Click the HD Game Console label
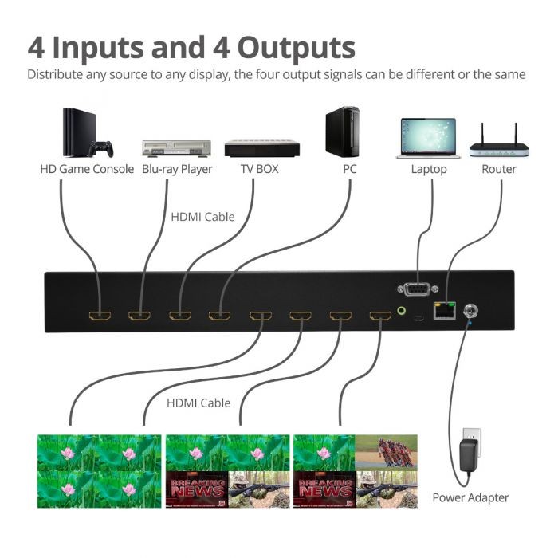[x=87, y=169]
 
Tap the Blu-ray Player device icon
[x=176, y=148]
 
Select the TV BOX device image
[x=261, y=148]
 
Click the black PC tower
[x=342, y=132]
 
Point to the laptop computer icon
[x=429, y=138]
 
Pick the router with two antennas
[x=498, y=142]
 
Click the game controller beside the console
[x=101, y=149]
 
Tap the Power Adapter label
[x=470, y=497]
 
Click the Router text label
[x=498, y=169]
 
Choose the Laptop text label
[x=429, y=169]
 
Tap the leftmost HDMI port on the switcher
[x=100, y=316]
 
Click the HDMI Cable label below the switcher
[x=198, y=403]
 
